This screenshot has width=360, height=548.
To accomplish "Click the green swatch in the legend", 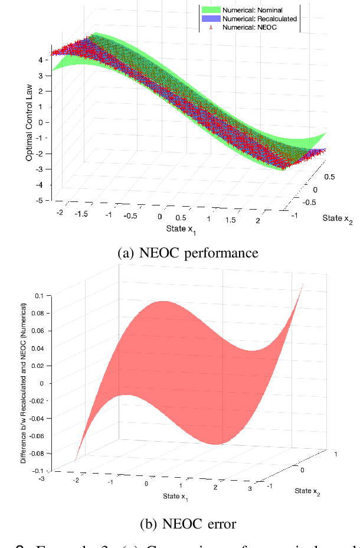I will (x=210, y=10).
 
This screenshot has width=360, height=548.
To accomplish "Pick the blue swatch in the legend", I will (x=210, y=18).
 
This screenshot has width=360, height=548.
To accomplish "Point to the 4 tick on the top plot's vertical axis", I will (x=39, y=60).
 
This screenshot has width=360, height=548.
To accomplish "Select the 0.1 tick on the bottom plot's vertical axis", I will (x=38, y=295).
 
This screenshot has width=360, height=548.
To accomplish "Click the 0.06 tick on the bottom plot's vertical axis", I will (x=37, y=331).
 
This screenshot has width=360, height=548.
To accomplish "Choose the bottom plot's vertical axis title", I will (x=24, y=382).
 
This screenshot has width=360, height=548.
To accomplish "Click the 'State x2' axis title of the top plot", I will (x=337, y=218).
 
